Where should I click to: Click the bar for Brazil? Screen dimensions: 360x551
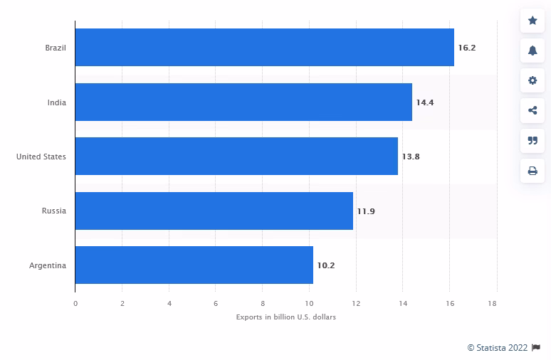pyautogui.click(x=264, y=48)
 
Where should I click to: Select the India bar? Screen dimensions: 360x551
pyautogui.click(x=243, y=102)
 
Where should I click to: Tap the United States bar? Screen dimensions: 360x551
pyautogui.click(x=236, y=157)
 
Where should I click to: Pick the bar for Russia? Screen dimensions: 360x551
pyautogui.click(x=214, y=211)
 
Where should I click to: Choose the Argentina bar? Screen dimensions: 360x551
pyautogui.click(x=194, y=265)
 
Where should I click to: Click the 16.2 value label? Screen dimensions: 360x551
pyautogui.click(x=467, y=48)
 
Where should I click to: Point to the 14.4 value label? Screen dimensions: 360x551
pyautogui.click(x=425, y=102)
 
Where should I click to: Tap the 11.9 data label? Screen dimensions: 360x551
pyautogui.click(x=366, y=211)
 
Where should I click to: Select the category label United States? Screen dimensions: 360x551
pyautogui.click(x=41, y=157)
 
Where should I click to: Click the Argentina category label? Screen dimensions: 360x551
pyautogui.click(x=48, y=265)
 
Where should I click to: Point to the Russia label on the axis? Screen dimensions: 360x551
pyautogui.click(x=54, y=211)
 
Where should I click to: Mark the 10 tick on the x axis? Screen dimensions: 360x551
pyautogui.click(x=310, y=303)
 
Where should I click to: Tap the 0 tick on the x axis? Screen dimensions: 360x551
pyautogui.click(x=75, y=303)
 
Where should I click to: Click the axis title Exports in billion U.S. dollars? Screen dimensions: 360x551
pyautogui.click(x=286, y=317)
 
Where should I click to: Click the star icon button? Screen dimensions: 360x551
pyautogui.click(x=532, y=21)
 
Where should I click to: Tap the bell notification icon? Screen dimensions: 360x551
pyautogui.click(x=532, y=51)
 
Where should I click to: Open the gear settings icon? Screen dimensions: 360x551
pyautogui.click(x=532, y=80)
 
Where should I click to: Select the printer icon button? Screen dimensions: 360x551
pyautogui.click(x=532, y=171)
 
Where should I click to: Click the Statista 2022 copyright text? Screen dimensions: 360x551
pyautogui.click(x=497, y=347)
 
